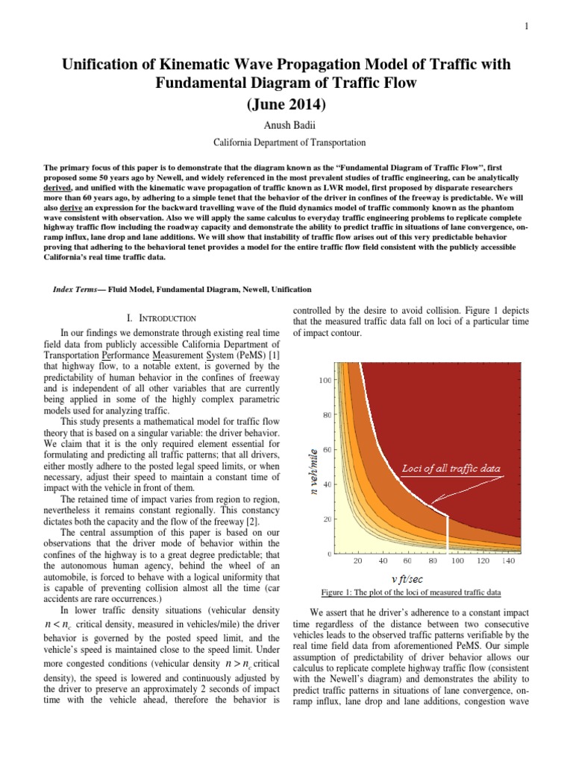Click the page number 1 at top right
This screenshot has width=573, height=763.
pyautogui.click(x=527, y=27)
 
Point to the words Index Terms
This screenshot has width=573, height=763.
pyautogui.click(x=78, y=289)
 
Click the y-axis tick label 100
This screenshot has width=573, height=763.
pyautogui.click(x=325, y=381)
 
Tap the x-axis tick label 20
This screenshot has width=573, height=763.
pyautogui.click(x=357, y=561)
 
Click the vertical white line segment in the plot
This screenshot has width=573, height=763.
pyautogui.click(x=446, y=534)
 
